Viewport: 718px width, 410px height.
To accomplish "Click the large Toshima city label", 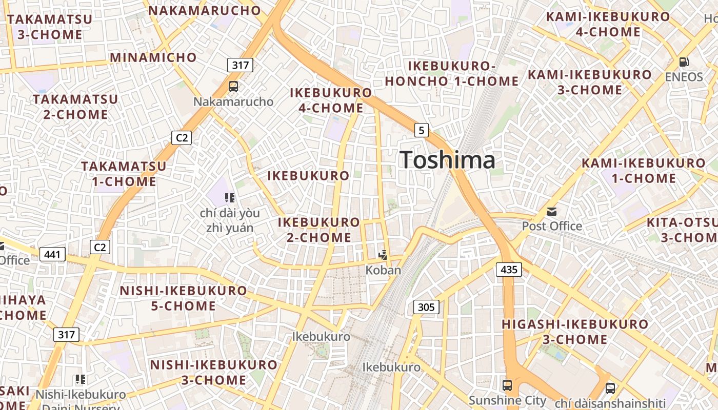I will coord(447,160).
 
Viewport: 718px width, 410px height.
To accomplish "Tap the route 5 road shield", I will coord(421,130).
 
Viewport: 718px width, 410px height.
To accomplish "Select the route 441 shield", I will coord(52,254).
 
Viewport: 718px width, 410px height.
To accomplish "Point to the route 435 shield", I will coord(509,269).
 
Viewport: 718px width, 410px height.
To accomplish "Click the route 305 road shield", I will coord(426,307).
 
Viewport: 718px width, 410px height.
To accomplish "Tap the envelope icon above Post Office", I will coord(552,211).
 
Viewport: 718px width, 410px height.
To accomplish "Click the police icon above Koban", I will coord(383,255).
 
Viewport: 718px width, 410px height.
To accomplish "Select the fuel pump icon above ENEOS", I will coord(684,62).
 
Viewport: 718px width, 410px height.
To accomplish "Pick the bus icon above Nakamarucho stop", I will coord(233,86).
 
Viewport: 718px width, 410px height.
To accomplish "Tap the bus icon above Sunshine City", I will coord(507,385).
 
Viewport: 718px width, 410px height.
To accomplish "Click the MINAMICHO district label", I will coord(153,57).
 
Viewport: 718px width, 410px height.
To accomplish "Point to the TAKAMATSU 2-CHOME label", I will coord(75,107).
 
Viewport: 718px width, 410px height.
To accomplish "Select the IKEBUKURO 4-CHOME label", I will coord(331,100).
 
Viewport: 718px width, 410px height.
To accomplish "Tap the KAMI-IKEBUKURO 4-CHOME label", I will coord(608,24).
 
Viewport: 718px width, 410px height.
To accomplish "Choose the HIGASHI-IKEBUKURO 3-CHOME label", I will coord(575,332).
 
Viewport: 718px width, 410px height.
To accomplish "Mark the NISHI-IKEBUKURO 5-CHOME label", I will coord(183,298).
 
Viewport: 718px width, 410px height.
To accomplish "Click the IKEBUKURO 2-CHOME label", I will coord(318,230).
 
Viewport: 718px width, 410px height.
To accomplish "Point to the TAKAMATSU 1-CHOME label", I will coord(124,174).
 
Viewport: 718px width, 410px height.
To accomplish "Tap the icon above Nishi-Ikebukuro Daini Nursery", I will coord(80,379).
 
